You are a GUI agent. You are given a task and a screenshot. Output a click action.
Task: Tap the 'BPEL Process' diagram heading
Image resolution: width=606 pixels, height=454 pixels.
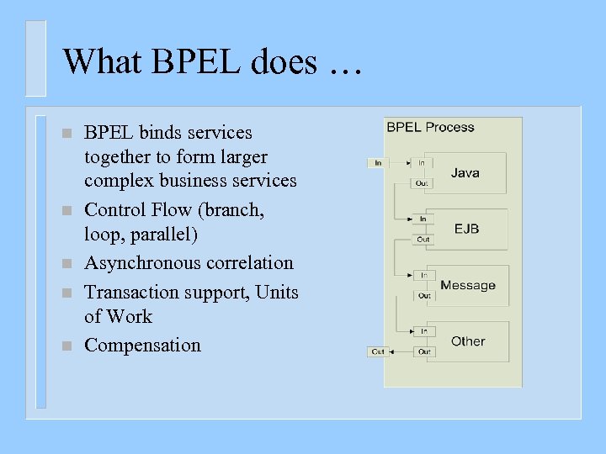430,128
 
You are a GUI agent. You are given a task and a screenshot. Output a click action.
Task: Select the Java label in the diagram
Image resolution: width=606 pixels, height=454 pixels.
465,172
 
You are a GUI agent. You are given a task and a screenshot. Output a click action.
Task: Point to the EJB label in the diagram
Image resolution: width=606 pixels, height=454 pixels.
466,229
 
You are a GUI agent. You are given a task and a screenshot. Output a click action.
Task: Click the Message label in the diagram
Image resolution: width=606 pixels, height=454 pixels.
468,285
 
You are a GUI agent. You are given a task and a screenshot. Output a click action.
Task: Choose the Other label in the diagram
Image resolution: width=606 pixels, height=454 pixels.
468,341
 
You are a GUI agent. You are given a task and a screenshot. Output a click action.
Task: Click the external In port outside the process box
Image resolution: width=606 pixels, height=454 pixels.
378,162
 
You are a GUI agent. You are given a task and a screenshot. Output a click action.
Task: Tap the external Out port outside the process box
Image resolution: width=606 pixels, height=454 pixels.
378,351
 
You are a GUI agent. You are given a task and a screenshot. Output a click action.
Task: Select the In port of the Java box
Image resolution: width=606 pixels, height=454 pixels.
422,162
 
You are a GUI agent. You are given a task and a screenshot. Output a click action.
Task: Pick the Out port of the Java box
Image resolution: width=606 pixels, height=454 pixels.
422,182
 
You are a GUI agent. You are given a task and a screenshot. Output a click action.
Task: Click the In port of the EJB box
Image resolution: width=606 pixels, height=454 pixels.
423,219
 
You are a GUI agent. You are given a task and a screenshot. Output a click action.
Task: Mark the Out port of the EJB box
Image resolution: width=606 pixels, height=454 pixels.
423,239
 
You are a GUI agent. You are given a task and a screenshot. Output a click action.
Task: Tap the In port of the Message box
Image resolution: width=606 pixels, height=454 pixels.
423,275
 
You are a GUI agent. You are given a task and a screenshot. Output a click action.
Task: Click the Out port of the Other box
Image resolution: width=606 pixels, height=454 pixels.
423,351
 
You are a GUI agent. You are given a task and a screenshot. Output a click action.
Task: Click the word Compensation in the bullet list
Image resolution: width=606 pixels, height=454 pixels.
143,346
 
